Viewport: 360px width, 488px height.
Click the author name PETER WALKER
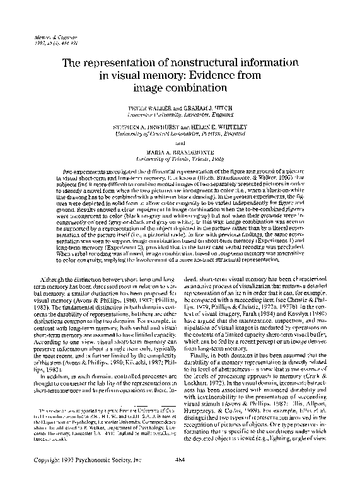pos(145,109)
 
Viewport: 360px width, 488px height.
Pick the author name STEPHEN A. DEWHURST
pos(139,127)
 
